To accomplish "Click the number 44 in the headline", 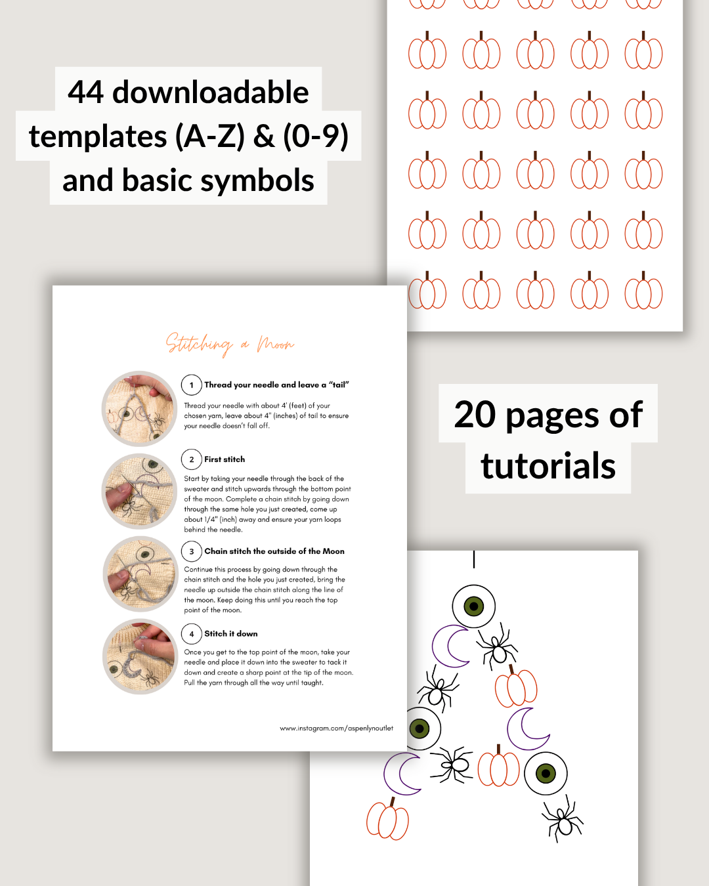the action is [x=86, y=93].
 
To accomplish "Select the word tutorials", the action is [x=548, y=466].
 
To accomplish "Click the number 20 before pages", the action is [x=475, y=414].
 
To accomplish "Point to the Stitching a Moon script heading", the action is [x=230, y=344].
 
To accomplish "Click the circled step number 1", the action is [x=192, y=385].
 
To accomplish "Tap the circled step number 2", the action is [x=192, y=459].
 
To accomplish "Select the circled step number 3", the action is [x=192, y=552].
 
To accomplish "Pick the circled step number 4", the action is [x=192, y=634].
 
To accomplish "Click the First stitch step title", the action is [x=225, y=459].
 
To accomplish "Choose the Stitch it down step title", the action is [x=230, y=633].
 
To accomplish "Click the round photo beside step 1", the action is [x=139, y=409].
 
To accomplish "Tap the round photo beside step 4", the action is [x=140, y=657].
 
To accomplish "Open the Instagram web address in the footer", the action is [x=337, y=728].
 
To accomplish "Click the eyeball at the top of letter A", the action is [x=474, y=606].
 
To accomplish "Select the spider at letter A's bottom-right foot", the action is [x=563, y=818].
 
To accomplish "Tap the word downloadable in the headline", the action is [x=211, y=93].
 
